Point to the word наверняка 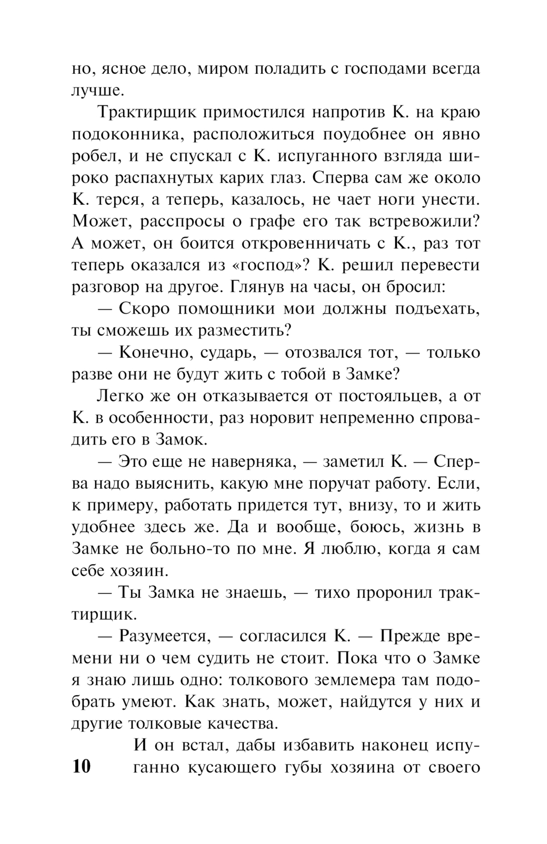pyautogui.click(x=249, y=462)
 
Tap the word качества pyautogui.click(x=237, y=724)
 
